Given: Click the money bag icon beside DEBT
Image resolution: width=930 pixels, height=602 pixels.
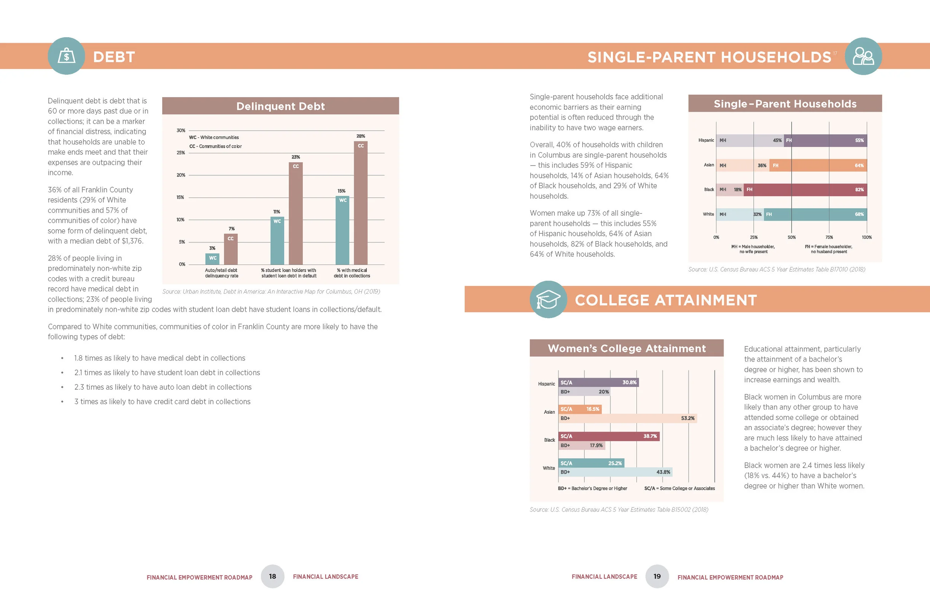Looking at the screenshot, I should (67, 56).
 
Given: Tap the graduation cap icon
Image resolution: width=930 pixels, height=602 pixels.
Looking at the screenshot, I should (548, 300).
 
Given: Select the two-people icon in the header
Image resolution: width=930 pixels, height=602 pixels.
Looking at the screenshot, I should (863, 56).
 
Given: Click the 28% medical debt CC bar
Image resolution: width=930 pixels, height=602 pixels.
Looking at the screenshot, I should (360, 203).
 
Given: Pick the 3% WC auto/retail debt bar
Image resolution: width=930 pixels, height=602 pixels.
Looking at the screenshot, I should (212, 259).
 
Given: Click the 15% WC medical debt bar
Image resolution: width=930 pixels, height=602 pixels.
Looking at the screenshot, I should (342, 231).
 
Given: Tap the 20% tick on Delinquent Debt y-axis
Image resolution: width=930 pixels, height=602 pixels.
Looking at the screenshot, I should (180, 175).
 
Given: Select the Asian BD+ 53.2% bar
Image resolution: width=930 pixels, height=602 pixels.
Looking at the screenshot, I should (627, 418).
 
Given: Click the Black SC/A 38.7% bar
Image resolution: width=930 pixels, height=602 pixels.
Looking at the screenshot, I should (609, 436).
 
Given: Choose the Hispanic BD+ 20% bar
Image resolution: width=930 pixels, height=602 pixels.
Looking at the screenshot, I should (584, 392).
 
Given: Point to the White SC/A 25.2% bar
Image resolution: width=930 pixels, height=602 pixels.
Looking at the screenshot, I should (591, 463).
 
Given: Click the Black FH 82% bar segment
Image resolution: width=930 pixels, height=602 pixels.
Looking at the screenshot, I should (805, 190).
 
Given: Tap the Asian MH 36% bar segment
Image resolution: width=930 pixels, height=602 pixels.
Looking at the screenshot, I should (743, 165).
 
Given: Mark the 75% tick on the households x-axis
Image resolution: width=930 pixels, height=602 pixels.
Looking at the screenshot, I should (829, 237).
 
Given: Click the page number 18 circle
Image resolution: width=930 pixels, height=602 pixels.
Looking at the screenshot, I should (272, 576).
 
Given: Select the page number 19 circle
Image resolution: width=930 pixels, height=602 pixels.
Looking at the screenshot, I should (657, 576).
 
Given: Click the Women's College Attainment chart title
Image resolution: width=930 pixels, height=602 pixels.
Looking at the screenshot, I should (626, 348).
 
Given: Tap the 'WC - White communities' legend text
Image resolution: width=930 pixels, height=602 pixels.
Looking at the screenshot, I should (214, 138).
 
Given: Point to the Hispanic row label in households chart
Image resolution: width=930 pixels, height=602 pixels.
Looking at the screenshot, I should (706, 140).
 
